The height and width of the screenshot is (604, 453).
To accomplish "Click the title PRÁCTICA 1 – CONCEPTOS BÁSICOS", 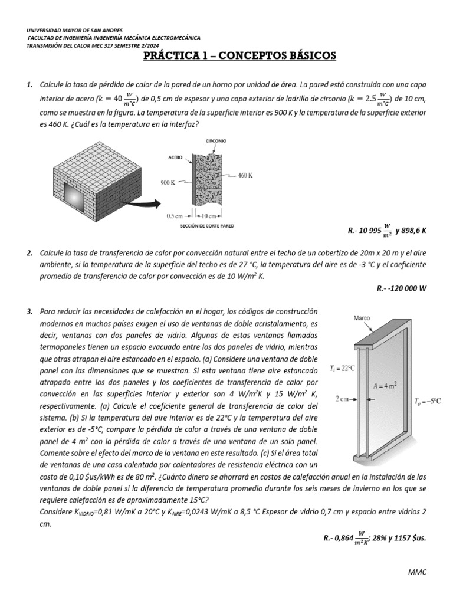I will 239,56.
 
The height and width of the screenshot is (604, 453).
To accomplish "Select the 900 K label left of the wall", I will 169,183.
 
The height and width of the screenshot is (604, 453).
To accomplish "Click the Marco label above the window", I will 362,318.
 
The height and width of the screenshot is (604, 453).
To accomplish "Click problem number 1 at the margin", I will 29,86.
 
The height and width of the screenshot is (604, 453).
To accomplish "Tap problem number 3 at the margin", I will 29,311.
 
